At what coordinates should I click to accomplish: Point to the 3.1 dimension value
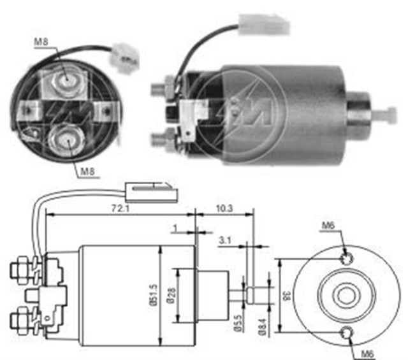(x=226, y=240)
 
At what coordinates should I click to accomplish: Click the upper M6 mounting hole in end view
(x=346, y=257)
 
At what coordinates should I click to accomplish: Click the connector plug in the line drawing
(x=149, y=189)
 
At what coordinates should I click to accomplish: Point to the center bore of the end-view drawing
(x=346, y=295)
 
